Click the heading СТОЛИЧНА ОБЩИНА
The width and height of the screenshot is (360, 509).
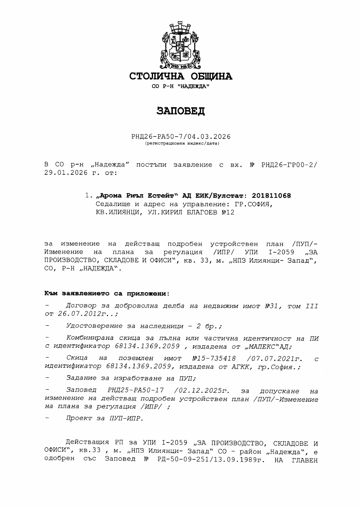(181, 76)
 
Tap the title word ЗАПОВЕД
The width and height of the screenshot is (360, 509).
(181, 111)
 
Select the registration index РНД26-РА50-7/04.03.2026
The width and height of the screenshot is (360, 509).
(181, 137)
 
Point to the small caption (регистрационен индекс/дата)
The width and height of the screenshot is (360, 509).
(181, 143)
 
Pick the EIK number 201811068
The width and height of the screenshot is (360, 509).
(271, 196)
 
